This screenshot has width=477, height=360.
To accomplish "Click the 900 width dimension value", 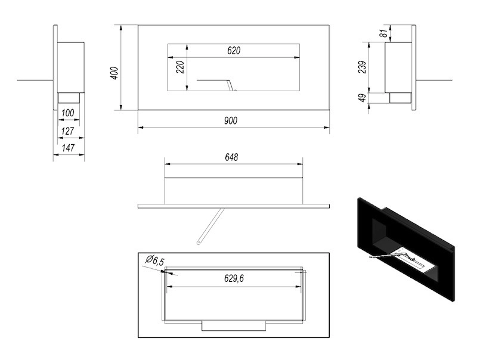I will pyautogui.click(x=231, y=120).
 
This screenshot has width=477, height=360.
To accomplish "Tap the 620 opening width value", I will pyautogui.click(x=234, y=51).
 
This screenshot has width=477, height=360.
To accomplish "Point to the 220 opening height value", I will pyautogui.click(x=179, y=67).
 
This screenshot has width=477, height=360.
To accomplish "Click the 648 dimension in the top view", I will pyautogui.click(x=232, y=157).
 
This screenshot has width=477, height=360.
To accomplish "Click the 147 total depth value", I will pyautogui.click(x=70, y=147).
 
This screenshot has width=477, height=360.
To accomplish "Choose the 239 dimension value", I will pyautogui.click(x=362, y=67).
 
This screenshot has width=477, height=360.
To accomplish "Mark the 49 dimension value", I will pyautogui.click(x=362, y=98).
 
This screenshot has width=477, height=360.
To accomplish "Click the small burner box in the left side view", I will pyautogui.click(x=70, y=98).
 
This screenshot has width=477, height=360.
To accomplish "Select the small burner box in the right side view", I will pyautogui.click(x=399, y=98).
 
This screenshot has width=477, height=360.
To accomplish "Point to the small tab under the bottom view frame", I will pyautogui.click(x=233, y=325).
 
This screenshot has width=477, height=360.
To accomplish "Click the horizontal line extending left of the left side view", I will pyautogui.click(x=36, y=79).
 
